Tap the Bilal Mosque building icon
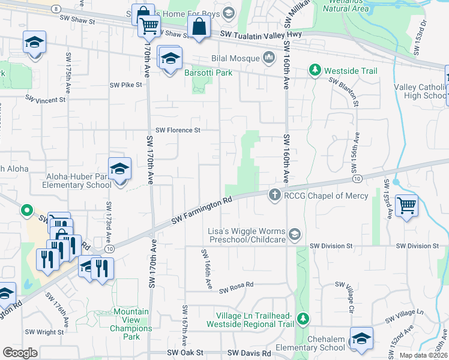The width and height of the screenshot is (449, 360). pyautogui.click(x=269, y=58)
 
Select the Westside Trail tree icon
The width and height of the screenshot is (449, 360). pyautogui.click(x=314, y=71)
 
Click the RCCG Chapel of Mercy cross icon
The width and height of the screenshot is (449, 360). pyautogui.click(x=274, y=194)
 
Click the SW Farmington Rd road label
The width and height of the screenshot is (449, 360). pyautogui.click(x=202, y=213)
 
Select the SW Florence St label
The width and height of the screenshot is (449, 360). pyautogui.click(x=177, y=130)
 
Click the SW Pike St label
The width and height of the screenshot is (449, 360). pyautogui.click(x=126, y=85)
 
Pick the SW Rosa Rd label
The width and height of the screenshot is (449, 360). pyautogui.click(x=236, y=290)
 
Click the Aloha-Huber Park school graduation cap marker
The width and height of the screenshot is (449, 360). pyautogui.click(x=119, y=169)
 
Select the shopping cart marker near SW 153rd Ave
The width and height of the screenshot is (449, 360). pyautogui.click(x=407, y=205)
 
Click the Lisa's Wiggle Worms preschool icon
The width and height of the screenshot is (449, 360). pyautogui.click(x=294, y=235)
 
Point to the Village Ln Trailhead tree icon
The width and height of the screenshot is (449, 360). pyautogui.click(x=303, y=317)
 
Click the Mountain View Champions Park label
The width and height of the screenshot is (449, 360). pyautogui.click(x=131, y=320)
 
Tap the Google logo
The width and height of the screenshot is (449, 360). pyautogui.click(x=20, y=353)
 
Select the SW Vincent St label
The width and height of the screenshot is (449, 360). pyautogui.click(x=45, y=99)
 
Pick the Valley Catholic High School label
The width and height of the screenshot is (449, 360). pyautogui.click(x=420, y=91)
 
